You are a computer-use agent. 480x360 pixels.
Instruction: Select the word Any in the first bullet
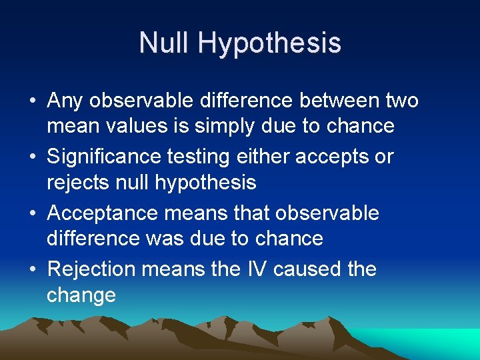[67, 101]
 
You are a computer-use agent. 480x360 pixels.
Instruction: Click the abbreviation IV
[256, 269]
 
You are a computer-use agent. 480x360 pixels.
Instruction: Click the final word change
[81, 295]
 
